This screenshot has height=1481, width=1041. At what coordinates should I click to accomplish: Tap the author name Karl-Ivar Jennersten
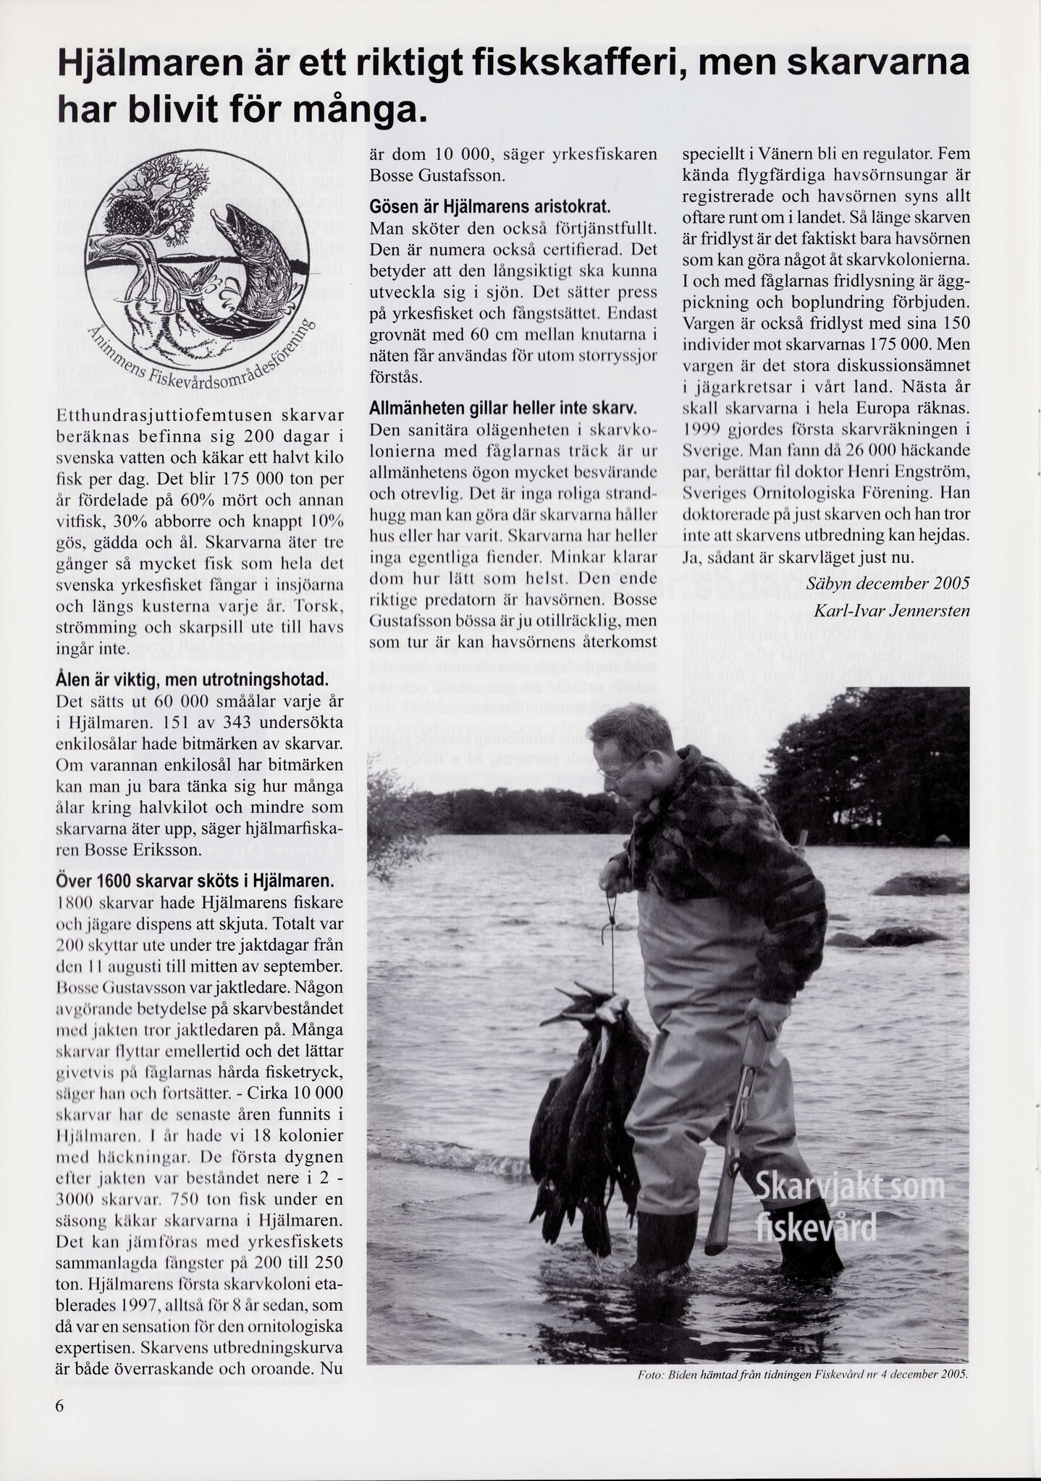891,611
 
